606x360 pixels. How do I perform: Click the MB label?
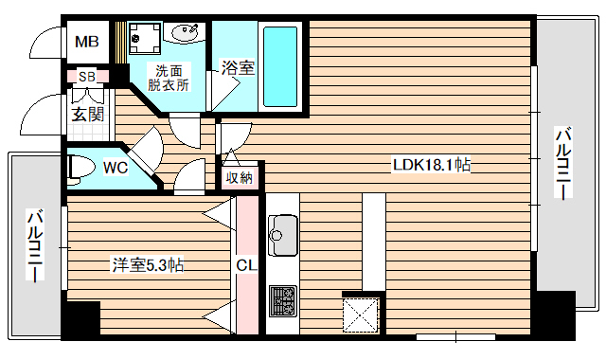[87, 42]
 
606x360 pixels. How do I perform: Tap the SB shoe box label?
[87, 76]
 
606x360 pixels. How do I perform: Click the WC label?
[116, 168]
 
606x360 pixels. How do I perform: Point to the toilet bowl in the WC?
[83, 168]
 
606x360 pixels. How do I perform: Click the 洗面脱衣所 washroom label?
[172, 77]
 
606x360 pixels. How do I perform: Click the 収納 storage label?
[240, 177]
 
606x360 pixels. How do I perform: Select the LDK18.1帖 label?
[433, 165]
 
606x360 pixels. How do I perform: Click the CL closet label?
[244, 265]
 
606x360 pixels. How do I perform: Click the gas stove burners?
[283, 301]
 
